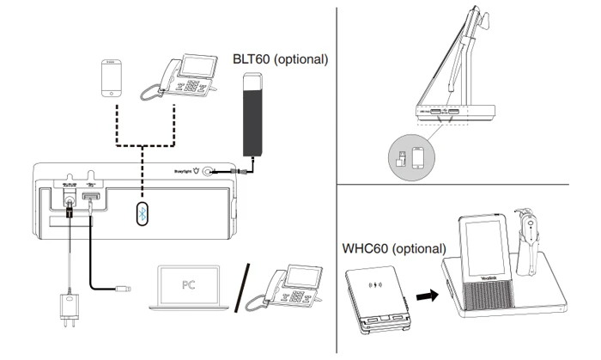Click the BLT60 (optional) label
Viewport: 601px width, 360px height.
281,60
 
